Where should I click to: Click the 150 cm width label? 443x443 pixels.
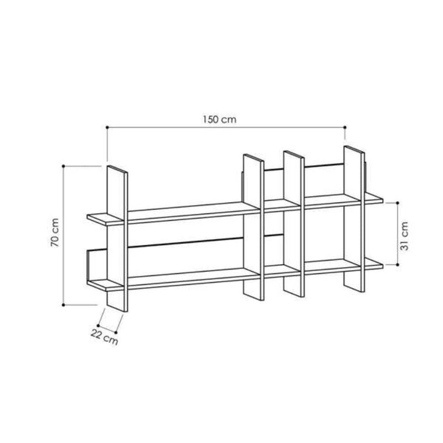[x=219, y=120]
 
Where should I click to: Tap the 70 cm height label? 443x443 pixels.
[x=55, y=233]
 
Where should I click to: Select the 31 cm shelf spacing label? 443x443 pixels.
[x=404, y=236]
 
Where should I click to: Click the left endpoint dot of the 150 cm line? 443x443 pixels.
[x=107, y=127]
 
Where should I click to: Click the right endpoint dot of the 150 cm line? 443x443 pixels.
[x=344, y=127]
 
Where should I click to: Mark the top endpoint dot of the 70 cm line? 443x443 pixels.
[x=63, y=166]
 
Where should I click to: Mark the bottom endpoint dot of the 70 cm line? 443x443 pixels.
[x=63, y=305]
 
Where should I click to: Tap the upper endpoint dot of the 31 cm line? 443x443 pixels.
[x=398, y=203]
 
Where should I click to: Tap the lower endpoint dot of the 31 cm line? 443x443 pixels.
[x=398, y=265]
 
